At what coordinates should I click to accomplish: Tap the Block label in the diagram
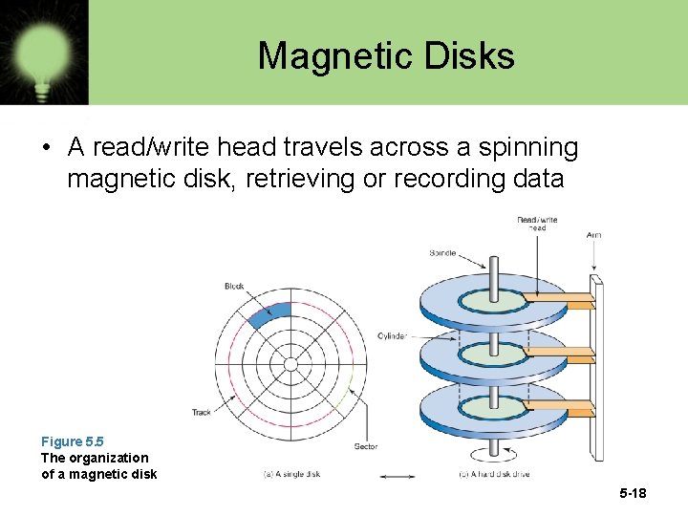click(234, 286)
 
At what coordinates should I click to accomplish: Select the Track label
click(202, 413)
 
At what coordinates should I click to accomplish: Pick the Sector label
click(365, 446)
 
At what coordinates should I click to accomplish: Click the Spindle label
click(442, 253)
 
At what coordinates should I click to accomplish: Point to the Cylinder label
click(392, 336)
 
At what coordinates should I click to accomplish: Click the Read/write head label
click(537, 225)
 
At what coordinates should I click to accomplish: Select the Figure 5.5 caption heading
click(72, 441)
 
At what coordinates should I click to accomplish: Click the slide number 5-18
click(633, 494)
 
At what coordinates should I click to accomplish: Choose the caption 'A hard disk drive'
click(496, 475)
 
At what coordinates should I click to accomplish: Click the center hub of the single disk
click(290, 364)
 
